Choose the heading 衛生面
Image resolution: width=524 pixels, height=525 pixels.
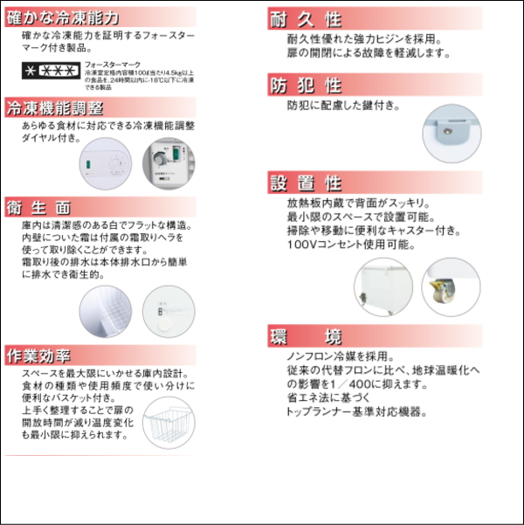click(38, 208)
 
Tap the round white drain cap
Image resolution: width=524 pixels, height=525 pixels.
click(165, 321)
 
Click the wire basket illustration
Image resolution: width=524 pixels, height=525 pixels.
click(172, 424)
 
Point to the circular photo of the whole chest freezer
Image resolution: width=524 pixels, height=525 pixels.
click(382, 287)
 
